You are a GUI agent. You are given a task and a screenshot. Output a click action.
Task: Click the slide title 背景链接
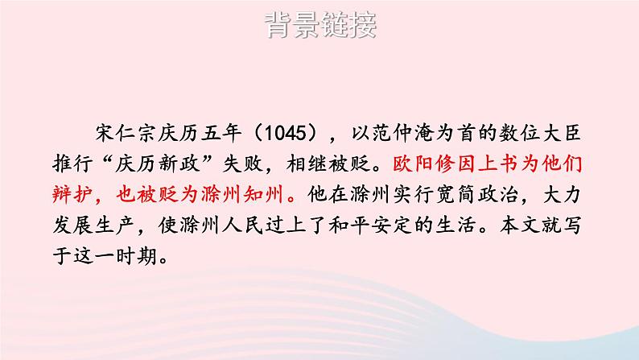coord(319,27)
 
